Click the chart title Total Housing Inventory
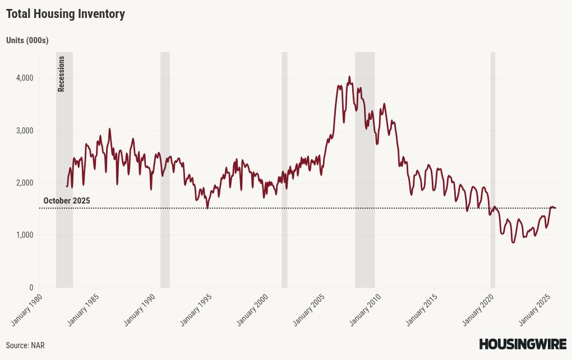click(65, 14)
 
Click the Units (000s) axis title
click(27, 40)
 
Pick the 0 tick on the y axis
click(31, 288)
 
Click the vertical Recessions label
click(62, 73)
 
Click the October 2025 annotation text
click(67, 201)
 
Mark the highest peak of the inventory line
click(349, 77)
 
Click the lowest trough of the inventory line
click(513, 242)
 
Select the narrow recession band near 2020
click(493, 168)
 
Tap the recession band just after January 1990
click(165, 168)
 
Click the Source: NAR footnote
click(25, 345)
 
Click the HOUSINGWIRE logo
click(522, 344)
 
